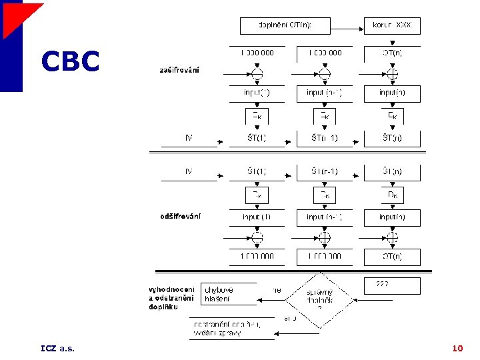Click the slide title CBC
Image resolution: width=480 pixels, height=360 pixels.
70,62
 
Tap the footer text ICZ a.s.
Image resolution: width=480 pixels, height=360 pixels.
57,348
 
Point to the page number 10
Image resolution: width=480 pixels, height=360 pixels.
457,348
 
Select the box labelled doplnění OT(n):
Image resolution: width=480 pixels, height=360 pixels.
285,26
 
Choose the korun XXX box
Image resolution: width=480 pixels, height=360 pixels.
392,26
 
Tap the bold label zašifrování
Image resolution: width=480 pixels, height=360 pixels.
179,70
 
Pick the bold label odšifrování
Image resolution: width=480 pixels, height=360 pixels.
180,216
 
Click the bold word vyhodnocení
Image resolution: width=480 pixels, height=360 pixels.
171,289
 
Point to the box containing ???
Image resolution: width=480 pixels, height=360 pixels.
392,285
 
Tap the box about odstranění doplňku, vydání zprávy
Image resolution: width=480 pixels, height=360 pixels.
231,328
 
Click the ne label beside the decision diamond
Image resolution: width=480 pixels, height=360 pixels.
277,290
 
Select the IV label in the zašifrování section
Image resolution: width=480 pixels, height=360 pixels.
189,138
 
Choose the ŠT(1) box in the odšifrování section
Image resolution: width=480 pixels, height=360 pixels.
257,172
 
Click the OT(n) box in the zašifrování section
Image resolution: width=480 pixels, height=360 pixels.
392,53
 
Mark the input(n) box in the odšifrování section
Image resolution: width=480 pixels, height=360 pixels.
392,217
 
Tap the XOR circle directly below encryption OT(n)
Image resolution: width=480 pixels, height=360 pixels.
393,73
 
